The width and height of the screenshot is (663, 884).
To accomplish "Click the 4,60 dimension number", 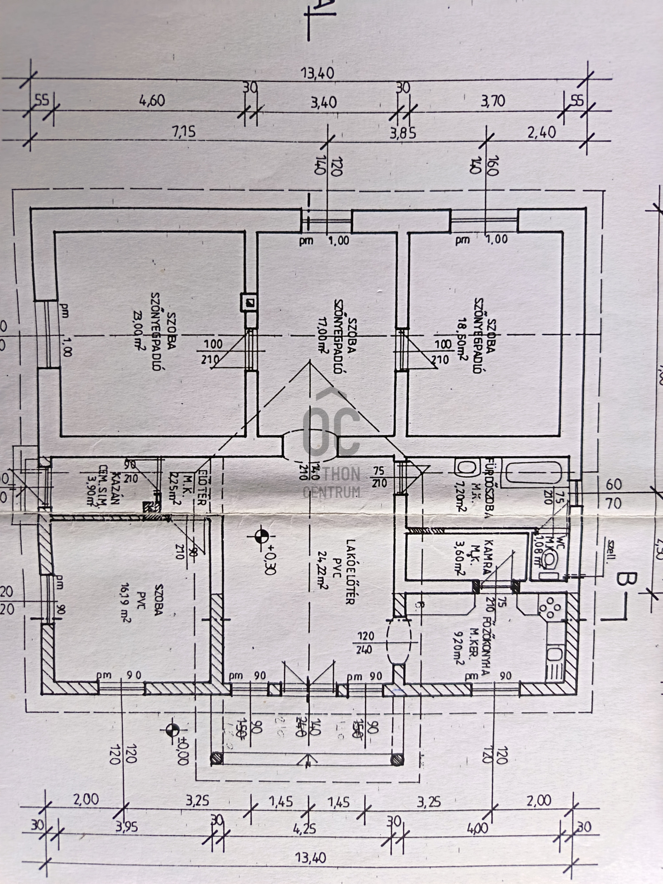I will (152, 101).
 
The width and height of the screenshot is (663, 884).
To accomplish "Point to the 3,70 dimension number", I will (493, 101).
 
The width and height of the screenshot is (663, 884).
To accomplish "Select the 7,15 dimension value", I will (184, 133).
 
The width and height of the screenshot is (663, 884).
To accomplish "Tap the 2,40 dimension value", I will (541, 133).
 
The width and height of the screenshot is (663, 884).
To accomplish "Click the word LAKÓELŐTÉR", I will (350, 572).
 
